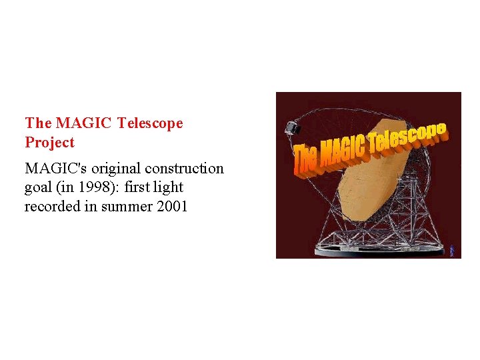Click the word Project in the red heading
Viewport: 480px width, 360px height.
click(49, 143)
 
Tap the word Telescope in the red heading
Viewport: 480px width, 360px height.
click(149, 123)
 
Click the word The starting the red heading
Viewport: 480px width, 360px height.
click(38, 123)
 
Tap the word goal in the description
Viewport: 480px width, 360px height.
click(38, 187)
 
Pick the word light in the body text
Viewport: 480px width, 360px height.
click(168, 187)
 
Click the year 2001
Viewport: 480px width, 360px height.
click(172, 207)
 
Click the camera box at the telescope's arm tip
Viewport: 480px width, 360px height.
click(291, 127)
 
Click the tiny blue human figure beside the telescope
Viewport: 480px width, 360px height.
click(452, 250)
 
